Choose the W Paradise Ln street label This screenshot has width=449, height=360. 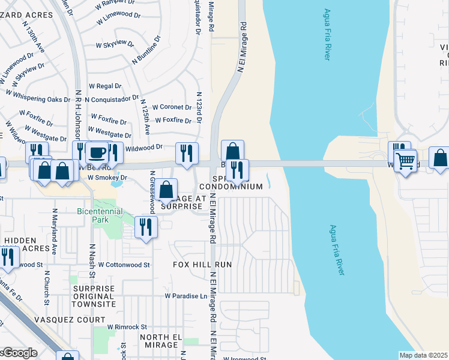tap(186, 296)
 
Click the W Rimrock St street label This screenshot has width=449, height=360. tap(127, 326)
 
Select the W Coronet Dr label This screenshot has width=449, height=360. tap(172, 107)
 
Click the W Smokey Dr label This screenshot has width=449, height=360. tap(107, 178)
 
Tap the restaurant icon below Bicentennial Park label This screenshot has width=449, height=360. tap(146, 227)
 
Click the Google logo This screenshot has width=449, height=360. tap(18, 353)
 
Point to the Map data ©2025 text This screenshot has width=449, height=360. tap(423, 355)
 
